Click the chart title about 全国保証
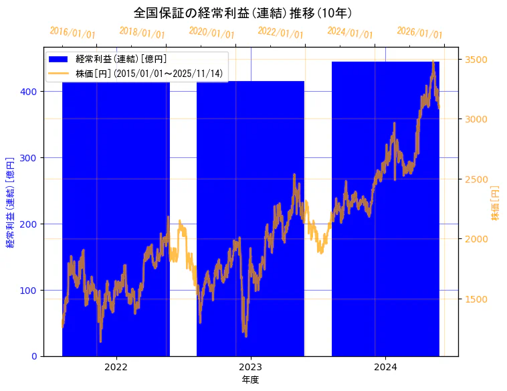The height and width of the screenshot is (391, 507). click(243, 13)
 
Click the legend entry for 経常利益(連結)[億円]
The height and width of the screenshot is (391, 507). click(121, 59)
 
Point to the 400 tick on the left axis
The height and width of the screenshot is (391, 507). click(31, 91)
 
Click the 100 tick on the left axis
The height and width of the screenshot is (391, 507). click(31, 290)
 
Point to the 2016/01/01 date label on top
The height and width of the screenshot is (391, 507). click(72, 33)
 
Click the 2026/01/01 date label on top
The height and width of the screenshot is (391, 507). click(419, 33)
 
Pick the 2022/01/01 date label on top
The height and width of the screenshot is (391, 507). click(280, 33)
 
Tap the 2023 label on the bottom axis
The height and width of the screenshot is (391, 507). click(250, 367)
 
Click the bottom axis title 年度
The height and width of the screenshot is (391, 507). click(250, 380)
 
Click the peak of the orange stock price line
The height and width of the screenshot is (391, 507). click(433, 61)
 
